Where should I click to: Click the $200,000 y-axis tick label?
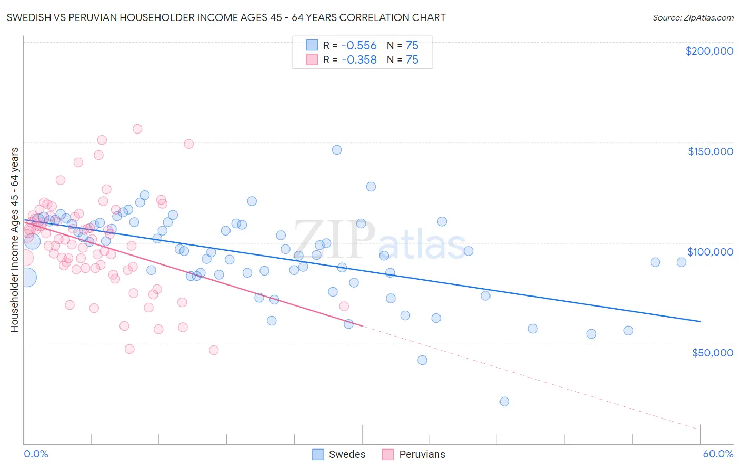(x=709, y=51)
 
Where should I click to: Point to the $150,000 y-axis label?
(x=710, y=151)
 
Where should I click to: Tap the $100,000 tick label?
(x=710, y=252)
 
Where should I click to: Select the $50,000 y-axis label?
(x=712, y=353)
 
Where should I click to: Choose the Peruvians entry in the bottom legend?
(x=414, y=454)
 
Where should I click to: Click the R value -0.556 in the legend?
(x=359, y=45)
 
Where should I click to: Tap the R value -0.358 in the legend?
(x=359, y=60)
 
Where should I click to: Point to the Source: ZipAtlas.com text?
(x=693, y=17)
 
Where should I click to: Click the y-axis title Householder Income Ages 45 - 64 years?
(x=14, y=240)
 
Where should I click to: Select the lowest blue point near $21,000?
(x=504, y=402)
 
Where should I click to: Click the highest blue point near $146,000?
(x=337, y=150)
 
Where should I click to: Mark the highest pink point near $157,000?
(x=137, y=129)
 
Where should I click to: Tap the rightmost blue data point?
(x=682, y=262)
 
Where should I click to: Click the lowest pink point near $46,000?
(x=214, y=350)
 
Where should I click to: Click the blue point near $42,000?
(x=422, y=360)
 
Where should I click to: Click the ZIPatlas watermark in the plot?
(x=379, y=241)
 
